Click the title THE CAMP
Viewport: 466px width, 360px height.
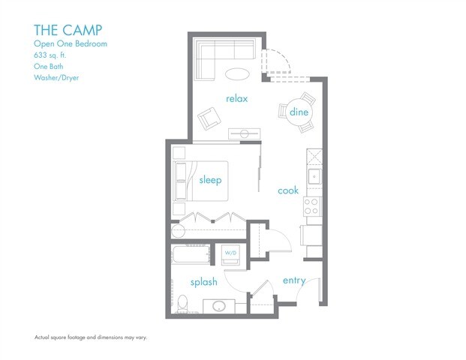[68, 30]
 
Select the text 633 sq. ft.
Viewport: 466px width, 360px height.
[50, 55]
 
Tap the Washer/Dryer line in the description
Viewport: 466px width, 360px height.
[56, 78]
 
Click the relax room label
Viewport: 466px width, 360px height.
[236, 98]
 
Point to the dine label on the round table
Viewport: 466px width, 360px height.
[299, 112]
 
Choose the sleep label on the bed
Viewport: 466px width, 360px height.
[210, 180]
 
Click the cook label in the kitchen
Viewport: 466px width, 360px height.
[288, 190]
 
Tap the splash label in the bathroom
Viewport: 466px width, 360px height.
[204, 282]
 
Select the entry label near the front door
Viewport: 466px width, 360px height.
[294, 280]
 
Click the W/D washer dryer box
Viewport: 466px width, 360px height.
[230, 254]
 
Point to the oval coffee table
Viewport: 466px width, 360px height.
[237, 74]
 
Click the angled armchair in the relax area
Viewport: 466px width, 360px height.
[209, 118]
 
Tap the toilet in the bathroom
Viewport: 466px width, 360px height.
[182, 304]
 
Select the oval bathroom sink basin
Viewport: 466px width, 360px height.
[219, 306]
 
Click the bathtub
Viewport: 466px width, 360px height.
[191, 254]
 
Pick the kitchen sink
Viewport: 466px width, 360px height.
[314, 177]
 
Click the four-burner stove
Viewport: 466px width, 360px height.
[311, 206]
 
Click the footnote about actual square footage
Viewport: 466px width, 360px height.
[91, 337]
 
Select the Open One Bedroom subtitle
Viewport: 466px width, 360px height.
[71, 43]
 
